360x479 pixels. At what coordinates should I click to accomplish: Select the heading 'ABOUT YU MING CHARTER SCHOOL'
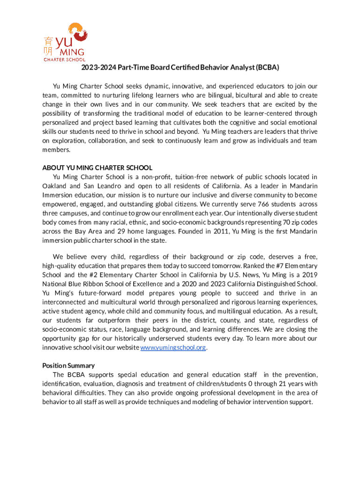97,167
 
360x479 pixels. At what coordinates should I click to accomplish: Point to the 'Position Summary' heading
68,365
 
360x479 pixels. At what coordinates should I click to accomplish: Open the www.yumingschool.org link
173,348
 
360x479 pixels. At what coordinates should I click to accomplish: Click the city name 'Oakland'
55,186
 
